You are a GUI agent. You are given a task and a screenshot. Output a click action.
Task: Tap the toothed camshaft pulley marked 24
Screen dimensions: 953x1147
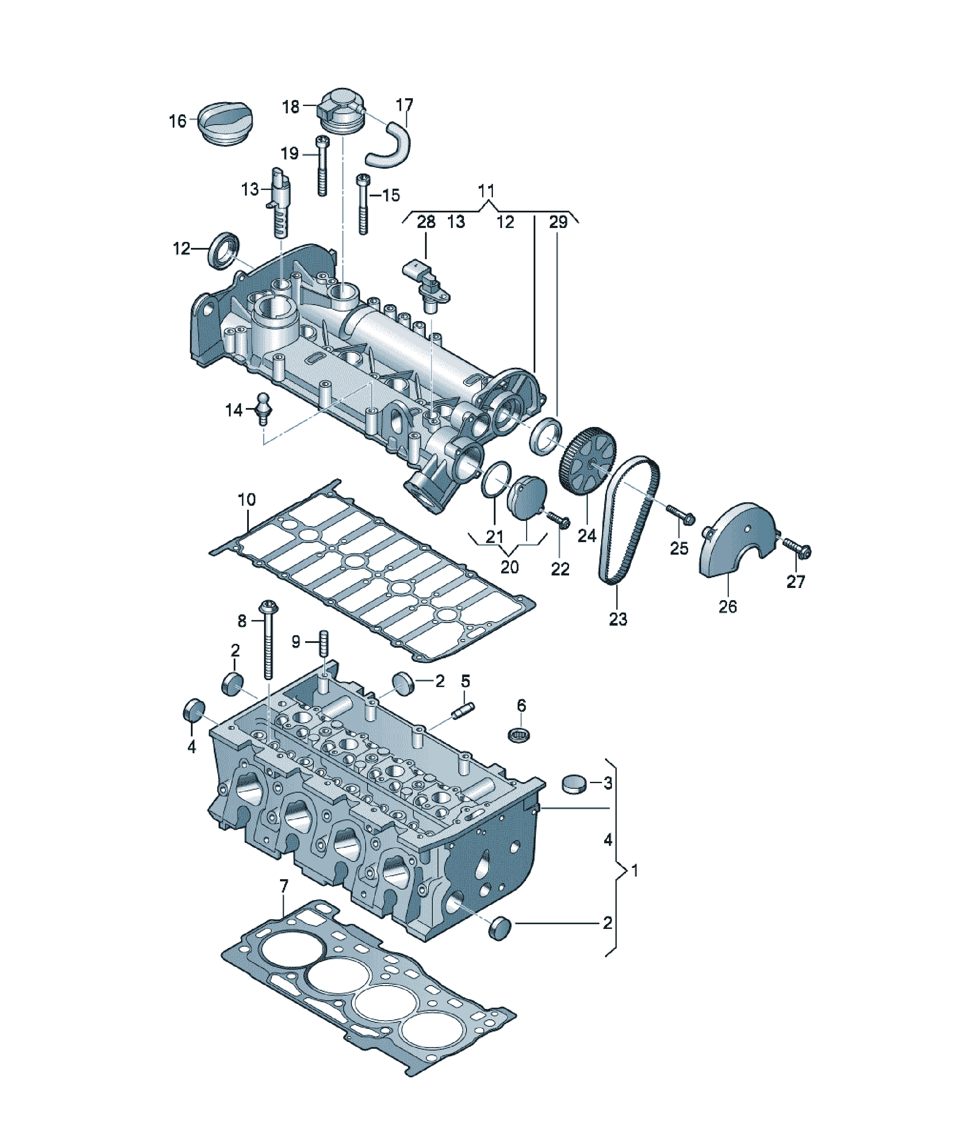pos(587,462)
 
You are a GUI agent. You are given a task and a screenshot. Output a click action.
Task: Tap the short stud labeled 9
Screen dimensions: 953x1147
pos(324,644)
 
